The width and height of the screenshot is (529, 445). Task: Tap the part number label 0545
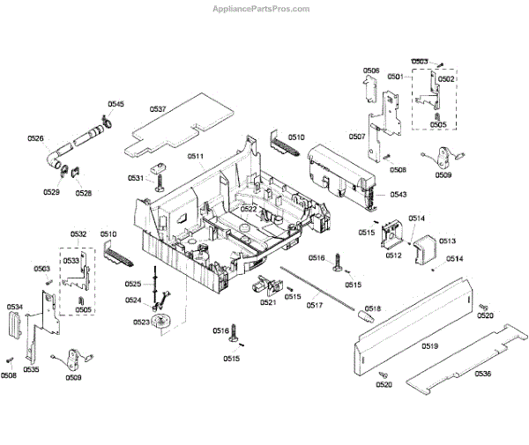[116, 105]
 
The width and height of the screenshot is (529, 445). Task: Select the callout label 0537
[158, 109]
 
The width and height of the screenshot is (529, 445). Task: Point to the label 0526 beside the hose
[35, 138]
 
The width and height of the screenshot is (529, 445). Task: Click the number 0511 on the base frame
[196, 157]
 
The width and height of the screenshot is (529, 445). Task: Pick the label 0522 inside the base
[249, 209]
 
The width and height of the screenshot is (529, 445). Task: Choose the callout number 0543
[399, 195]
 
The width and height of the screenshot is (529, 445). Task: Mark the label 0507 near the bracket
[357, 137]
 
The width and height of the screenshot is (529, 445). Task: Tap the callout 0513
[447, 241]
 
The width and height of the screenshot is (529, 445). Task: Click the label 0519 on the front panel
[429, 346]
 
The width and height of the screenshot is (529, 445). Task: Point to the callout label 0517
[315, 305]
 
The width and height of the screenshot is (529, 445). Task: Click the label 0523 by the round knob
[141, 323]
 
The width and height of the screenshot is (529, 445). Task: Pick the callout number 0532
[78, 234]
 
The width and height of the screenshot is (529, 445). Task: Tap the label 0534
[15, 307]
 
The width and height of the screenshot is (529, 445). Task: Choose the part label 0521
[268, 302]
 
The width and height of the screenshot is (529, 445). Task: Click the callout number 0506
[371, 70]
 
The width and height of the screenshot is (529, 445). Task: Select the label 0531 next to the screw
[135, 178]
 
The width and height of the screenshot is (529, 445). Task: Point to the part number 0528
[83, 192]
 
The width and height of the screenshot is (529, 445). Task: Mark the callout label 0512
[393, 256]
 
